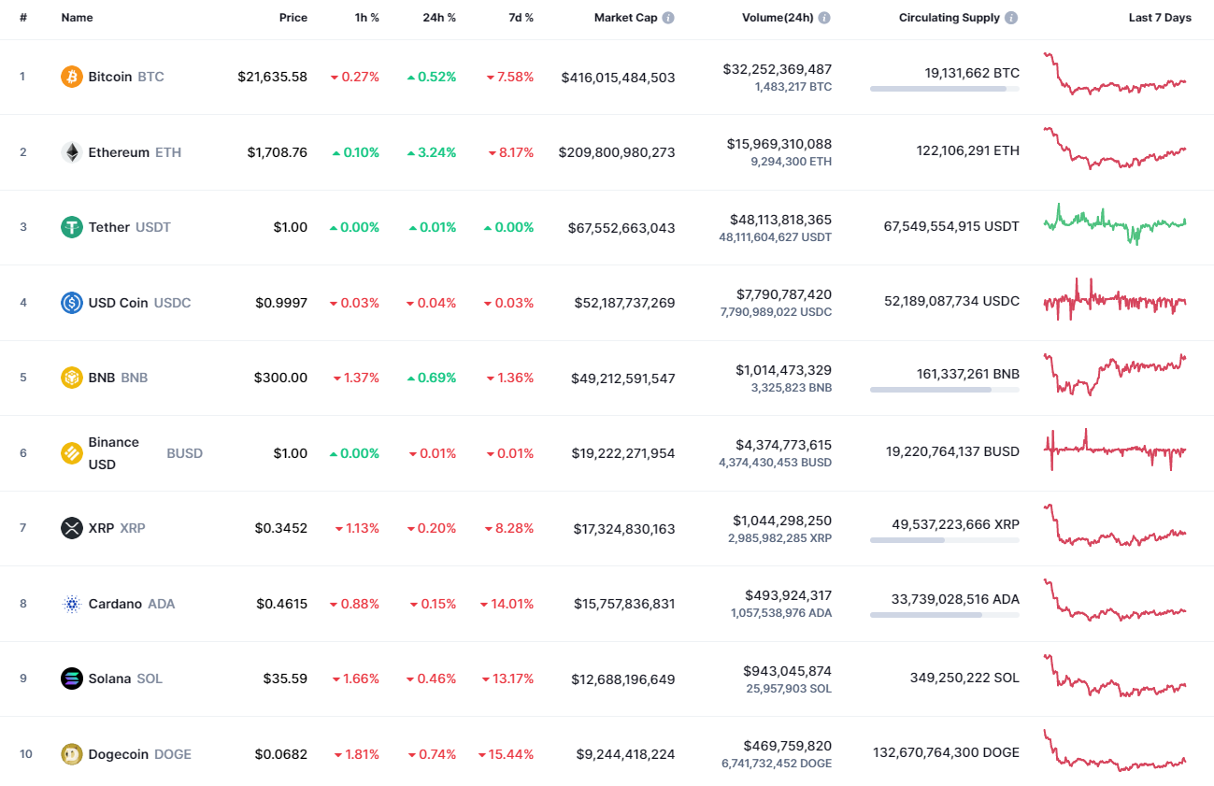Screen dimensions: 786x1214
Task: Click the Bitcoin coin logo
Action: pyautogui.click(x=72, y=77)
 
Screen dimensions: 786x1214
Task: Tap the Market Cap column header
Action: pyautogui.click(x=625, y=18)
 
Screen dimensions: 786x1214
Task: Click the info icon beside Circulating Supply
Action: pyautogui.click(x=1011, y=18)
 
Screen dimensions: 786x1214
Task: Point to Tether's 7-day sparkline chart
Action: pyautogui.click(x=1114, y=224)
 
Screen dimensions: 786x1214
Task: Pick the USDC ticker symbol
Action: pyautogui.click(x=172, y=303)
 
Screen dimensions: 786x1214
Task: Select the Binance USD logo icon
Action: pyautogui.click(x=72, y=453)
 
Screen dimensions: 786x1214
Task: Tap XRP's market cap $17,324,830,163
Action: pyautogui.click(x=623, y=529)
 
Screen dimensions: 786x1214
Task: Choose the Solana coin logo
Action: pyautogui.click(x=72, y=679)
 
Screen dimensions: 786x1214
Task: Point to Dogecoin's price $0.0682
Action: pyautogui.click(x=281, y=754)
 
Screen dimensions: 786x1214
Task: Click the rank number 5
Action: pyautogui.click(x=23, y=378)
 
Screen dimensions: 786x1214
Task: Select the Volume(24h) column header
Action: pyautogui.click(x=777, y=18)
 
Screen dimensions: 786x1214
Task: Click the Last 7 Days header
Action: pyautogui.click(x=1159, y=18)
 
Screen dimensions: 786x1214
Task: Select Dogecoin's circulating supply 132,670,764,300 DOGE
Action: pyautogui.click(x=946, y=752)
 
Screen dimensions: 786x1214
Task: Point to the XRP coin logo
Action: pyautogui.click(x=72, y=528)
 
